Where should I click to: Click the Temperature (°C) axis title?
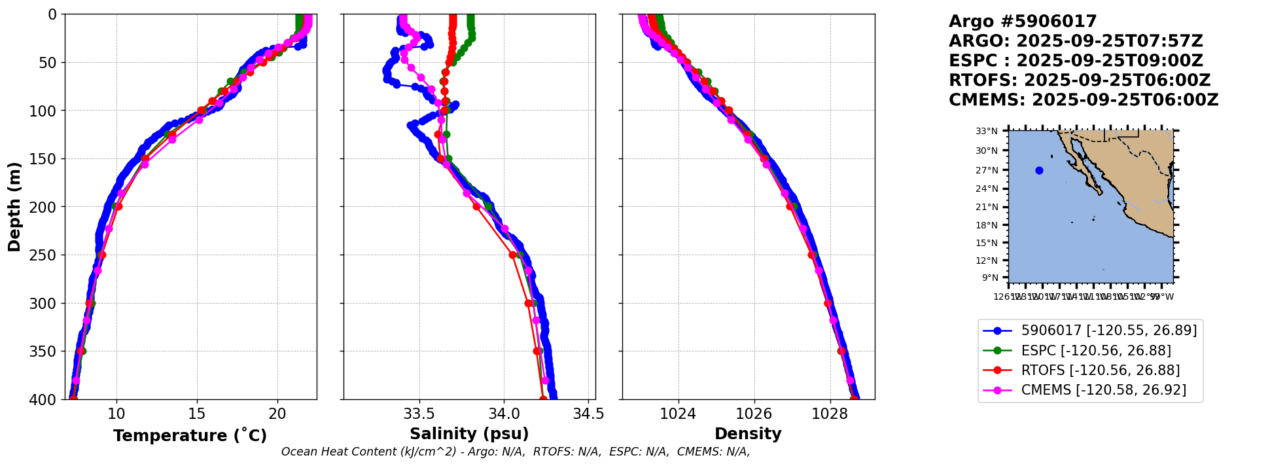(190, 435)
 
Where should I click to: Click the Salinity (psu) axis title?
(469, 434)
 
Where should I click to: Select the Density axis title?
(748, 434)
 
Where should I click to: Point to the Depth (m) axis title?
(14, 206)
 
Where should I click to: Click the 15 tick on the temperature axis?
(197, 414)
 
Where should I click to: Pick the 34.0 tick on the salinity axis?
(504, 414)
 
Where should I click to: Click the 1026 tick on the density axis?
(754, 414)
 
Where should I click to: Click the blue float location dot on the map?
(1039, 171)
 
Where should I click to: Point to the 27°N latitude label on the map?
(987, 170)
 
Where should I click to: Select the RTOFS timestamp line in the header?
(1080, 81)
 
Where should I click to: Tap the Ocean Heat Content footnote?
(516, 452)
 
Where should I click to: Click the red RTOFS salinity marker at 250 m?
(513, 255)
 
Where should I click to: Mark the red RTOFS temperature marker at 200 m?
(118, 207)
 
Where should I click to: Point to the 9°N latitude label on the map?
(990, 278)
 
